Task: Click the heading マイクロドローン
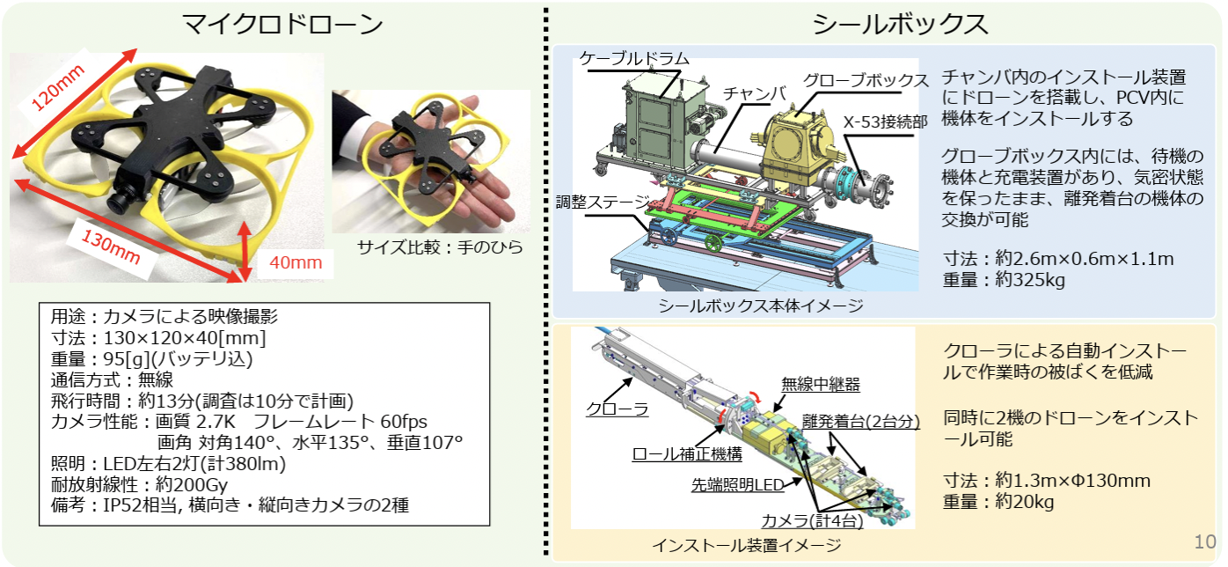pyautogui.click(x=281, y=25)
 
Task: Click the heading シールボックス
pyautogui.click(x=900, y=25)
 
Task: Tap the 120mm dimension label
pyautogui.click(x=58, y=87)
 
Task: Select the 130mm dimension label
pyautogui.click(x=111, y=246)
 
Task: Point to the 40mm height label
pyautogui.click(x=296, y=262)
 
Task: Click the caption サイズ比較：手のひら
pyautogui.click(x=440, y=247)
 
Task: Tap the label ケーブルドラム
pyautogui.click(x=633, y=58)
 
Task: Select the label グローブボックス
pyautogui.click(x=866, y=81)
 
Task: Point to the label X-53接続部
pyautogui.click(x=885, y=121)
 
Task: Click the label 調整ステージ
pyautogui.click(x=603, y=202)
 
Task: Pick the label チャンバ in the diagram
pyautogui.click(x=755, y=94)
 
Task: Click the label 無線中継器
pyautogui.click(x=821, y=384)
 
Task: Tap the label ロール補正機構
pyautogui.click(x=687, y=454)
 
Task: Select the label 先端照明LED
pyautogui.click(x=737, y=484)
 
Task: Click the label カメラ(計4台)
pyautogui.click(x=812, y=519)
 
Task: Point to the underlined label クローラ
pyautogui.click(x=618, y=409)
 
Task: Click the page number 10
pyautogui.click(x=1205, y=542)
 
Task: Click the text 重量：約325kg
pyautogui.click(x=1004, y=280)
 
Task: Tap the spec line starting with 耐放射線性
pyautogui.click(x=139, y=484)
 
